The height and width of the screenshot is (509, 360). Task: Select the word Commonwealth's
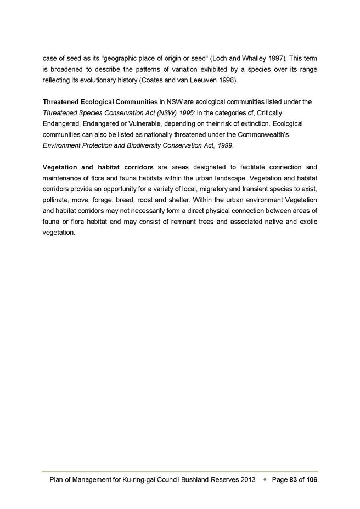(268, 134)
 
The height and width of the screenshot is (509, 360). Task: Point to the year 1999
(224, 145)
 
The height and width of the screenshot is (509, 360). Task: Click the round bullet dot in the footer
(265, 479)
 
